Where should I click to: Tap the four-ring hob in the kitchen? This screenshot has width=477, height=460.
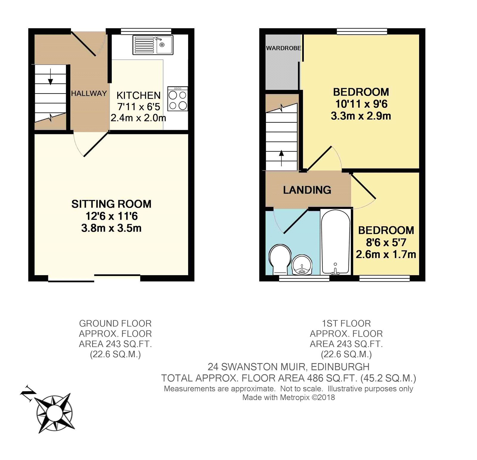click(x=178, y=99)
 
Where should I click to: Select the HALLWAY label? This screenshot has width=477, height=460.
click(x=89, y=93)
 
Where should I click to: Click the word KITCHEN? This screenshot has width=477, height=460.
click(x=139, y=95)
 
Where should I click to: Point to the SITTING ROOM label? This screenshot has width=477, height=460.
click(x=111, y=204)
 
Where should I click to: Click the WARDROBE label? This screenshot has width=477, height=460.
click(x=284, y=48)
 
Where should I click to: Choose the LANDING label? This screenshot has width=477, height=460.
click(x=307, y=190)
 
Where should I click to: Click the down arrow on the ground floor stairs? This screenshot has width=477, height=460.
click(x=50, y=77)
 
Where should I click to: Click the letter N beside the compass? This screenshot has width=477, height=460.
click(x=27, y=393)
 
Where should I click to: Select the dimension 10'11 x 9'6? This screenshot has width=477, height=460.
click(x=361, y=104)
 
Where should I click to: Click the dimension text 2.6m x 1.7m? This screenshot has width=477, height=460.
click(x=386, y=255)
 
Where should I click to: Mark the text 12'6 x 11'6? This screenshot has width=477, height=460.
click(x=111, y=216)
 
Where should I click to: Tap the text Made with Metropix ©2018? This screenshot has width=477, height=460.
click(x=289, y=397)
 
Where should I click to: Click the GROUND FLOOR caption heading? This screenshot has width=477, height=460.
click(x=115, y=323)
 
